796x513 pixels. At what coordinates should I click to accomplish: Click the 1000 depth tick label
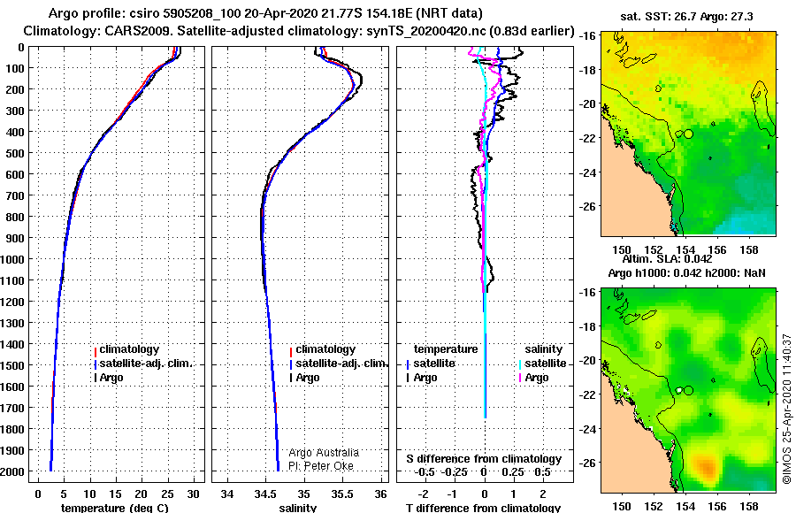point(12,259)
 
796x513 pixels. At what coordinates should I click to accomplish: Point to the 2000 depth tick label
point(12,471)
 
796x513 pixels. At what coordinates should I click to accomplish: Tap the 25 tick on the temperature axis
point(167,494)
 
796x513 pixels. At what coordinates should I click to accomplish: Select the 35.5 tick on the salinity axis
point(341,494)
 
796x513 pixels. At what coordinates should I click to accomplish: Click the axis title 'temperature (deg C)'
point(115,508)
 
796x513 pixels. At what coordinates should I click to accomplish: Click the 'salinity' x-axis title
point(297,508)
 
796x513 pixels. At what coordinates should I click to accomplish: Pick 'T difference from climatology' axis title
point(483,508)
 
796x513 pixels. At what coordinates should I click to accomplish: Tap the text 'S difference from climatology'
point(484,459)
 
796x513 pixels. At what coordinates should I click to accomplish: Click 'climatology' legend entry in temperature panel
point(129,349)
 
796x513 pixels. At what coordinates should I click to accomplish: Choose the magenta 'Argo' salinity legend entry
point(537,378)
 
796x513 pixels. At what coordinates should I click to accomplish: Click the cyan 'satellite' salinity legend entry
point(545,364)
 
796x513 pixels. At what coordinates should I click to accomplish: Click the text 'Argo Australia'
point(324,453)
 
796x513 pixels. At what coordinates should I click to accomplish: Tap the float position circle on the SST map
point(688,134)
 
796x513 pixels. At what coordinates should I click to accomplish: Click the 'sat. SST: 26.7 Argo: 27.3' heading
point(687,17)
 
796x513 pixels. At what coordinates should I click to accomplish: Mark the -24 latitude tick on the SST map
point(588,172)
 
